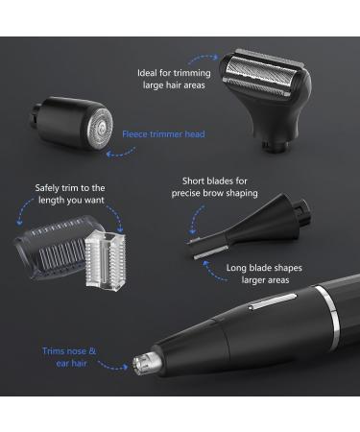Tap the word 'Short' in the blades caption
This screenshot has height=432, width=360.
click(x=198, y=180)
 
